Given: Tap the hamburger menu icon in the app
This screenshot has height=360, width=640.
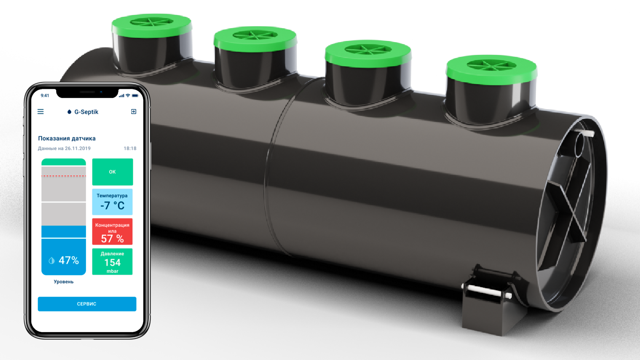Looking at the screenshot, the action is pos(41,112).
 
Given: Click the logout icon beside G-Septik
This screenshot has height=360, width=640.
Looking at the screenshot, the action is pos(133,112).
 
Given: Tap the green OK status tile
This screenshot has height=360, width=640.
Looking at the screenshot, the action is pos(113,172).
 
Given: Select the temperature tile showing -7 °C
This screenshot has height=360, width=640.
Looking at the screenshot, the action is pos(112,202).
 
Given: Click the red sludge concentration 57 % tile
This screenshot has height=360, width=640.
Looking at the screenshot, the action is pos(112,232).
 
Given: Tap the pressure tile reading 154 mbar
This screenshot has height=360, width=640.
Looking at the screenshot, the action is pos(112,262).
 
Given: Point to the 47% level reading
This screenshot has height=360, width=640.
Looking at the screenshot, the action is pos(69,260).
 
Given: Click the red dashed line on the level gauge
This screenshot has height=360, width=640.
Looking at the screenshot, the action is pos(64,176).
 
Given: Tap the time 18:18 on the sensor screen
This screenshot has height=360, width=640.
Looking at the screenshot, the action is pos(130,148).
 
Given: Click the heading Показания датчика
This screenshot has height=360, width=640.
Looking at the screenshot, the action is pos(67,138).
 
